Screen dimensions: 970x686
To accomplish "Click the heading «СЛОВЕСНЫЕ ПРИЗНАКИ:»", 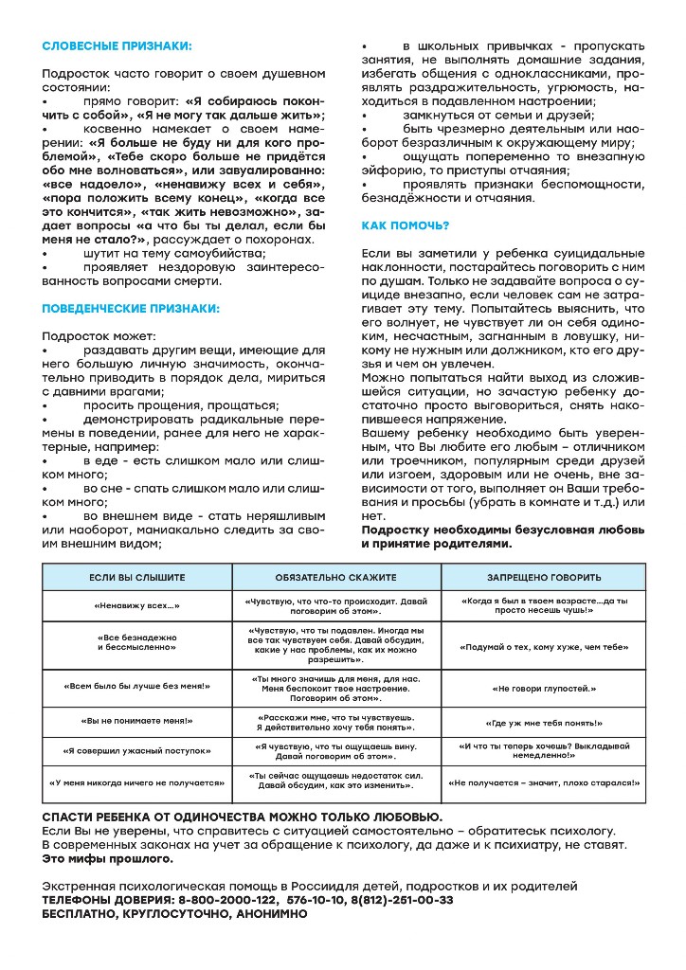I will tap(117, 45).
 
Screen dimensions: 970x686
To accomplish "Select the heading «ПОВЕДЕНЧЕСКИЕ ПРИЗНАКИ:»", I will tap(131, 308).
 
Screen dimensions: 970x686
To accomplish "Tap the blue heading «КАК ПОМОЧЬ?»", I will tap(406, 225).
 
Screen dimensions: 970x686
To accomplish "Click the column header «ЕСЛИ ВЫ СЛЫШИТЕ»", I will tap(137, 577).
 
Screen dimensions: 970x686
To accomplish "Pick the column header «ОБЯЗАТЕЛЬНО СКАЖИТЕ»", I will tap(336, 577).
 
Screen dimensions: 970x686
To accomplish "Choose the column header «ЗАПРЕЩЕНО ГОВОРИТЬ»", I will tap(544, 577).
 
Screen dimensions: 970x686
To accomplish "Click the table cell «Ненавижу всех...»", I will tap(137, 605).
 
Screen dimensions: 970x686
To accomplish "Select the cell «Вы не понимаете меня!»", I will tap(137, 721).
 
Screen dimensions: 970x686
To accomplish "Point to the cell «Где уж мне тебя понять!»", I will tap(544, 721).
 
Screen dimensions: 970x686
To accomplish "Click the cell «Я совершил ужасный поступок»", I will tap(137, 751).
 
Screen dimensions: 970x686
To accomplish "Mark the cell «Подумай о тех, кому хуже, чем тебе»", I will tap(544, 647).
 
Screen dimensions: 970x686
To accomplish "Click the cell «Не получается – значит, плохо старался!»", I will tap(544, 783).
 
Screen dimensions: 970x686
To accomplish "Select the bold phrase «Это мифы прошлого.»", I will tap(108, 858).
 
